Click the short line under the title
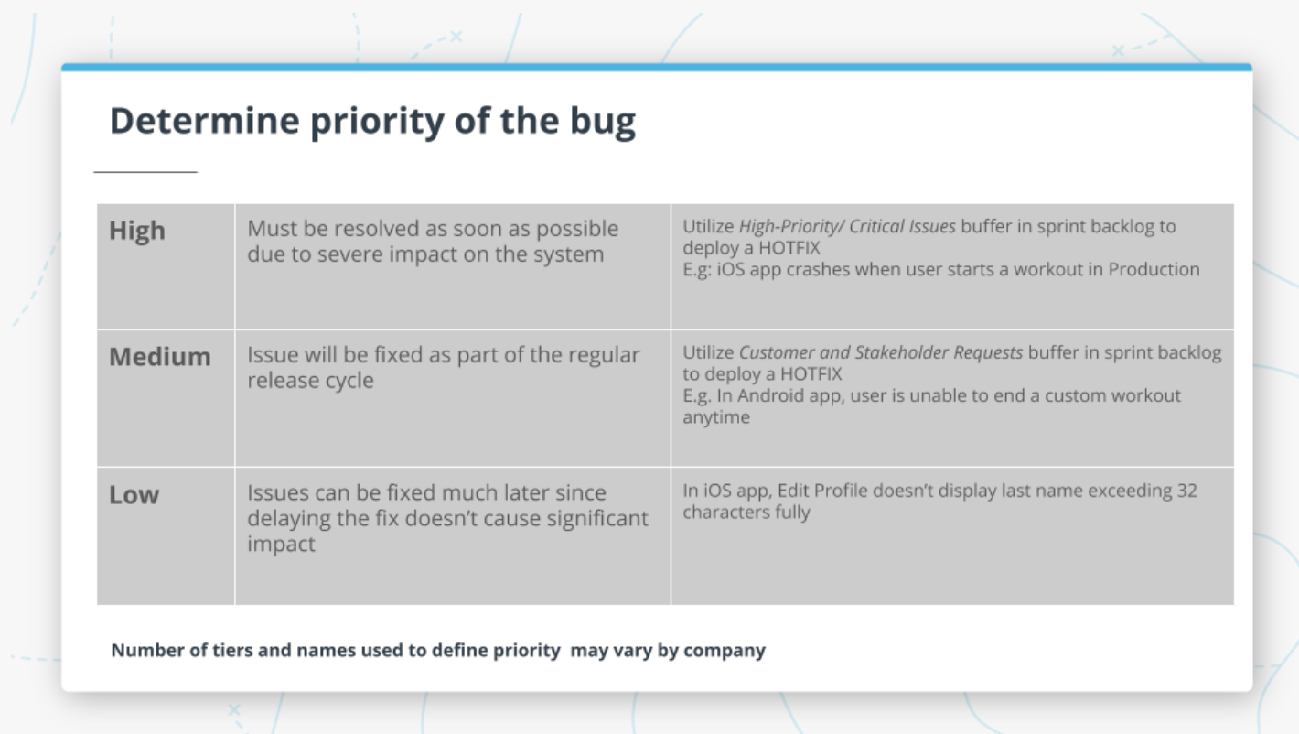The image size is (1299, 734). coord(145,171)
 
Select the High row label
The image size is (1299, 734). coord(137,231)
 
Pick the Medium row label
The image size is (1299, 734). coord(159,356)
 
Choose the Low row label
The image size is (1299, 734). coord(134,495)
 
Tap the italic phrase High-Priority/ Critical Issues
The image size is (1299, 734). coord(847,226)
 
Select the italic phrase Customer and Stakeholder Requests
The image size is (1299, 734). coord(881,352)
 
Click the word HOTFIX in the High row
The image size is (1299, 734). coord(789,248)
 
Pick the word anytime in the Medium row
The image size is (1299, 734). coord(715,417)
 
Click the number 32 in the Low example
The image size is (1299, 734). coord(1186,491)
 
